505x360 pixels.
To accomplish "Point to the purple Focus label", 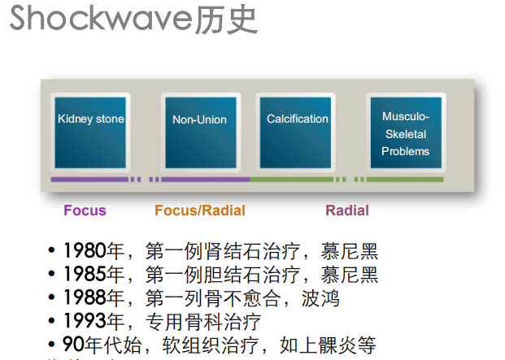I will [85, 210].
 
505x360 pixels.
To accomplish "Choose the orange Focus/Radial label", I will [200, 210].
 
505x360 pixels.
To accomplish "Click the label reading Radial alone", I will [347, 210].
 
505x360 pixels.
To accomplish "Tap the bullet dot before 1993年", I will [52, 322].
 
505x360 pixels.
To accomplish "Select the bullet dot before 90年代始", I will [52, 345].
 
